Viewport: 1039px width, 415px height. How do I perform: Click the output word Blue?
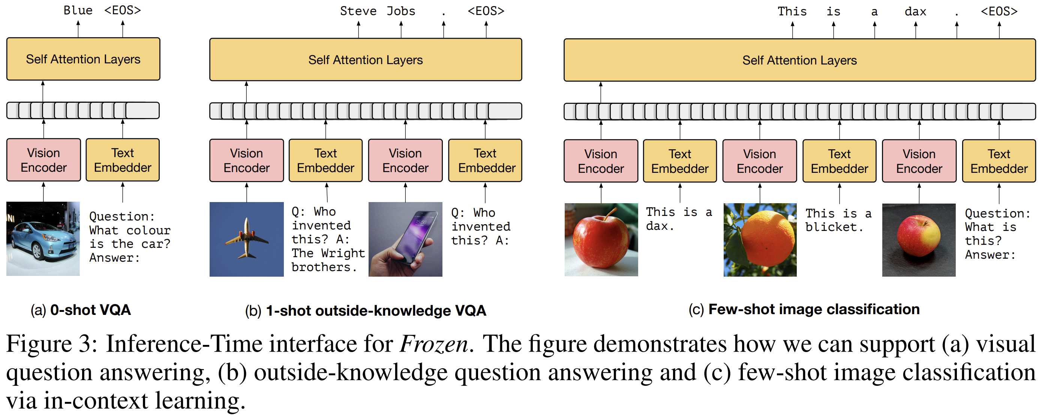78,10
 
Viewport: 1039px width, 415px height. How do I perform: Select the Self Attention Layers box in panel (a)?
83,59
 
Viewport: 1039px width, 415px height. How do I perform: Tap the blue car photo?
43,238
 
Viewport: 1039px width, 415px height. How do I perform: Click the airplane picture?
246,239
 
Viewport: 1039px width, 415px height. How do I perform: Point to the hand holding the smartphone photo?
405,239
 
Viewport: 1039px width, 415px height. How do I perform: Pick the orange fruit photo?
760,240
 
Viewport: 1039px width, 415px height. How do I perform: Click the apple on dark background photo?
918,240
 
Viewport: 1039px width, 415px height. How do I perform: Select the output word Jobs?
400,11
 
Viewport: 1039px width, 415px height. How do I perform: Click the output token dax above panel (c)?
915,12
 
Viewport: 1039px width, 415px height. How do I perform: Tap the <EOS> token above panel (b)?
486,11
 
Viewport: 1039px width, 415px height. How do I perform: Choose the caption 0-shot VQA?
90,310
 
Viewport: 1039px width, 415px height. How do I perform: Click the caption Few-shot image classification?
814,309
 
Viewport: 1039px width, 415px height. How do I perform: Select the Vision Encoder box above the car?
43,160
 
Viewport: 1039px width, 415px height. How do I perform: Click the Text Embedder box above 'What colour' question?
123,160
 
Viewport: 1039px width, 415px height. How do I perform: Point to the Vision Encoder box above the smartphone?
405,160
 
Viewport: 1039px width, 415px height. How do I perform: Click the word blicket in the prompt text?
833,228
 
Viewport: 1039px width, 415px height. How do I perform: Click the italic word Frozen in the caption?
433,344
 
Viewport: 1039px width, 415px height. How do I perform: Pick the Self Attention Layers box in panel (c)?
799,60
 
